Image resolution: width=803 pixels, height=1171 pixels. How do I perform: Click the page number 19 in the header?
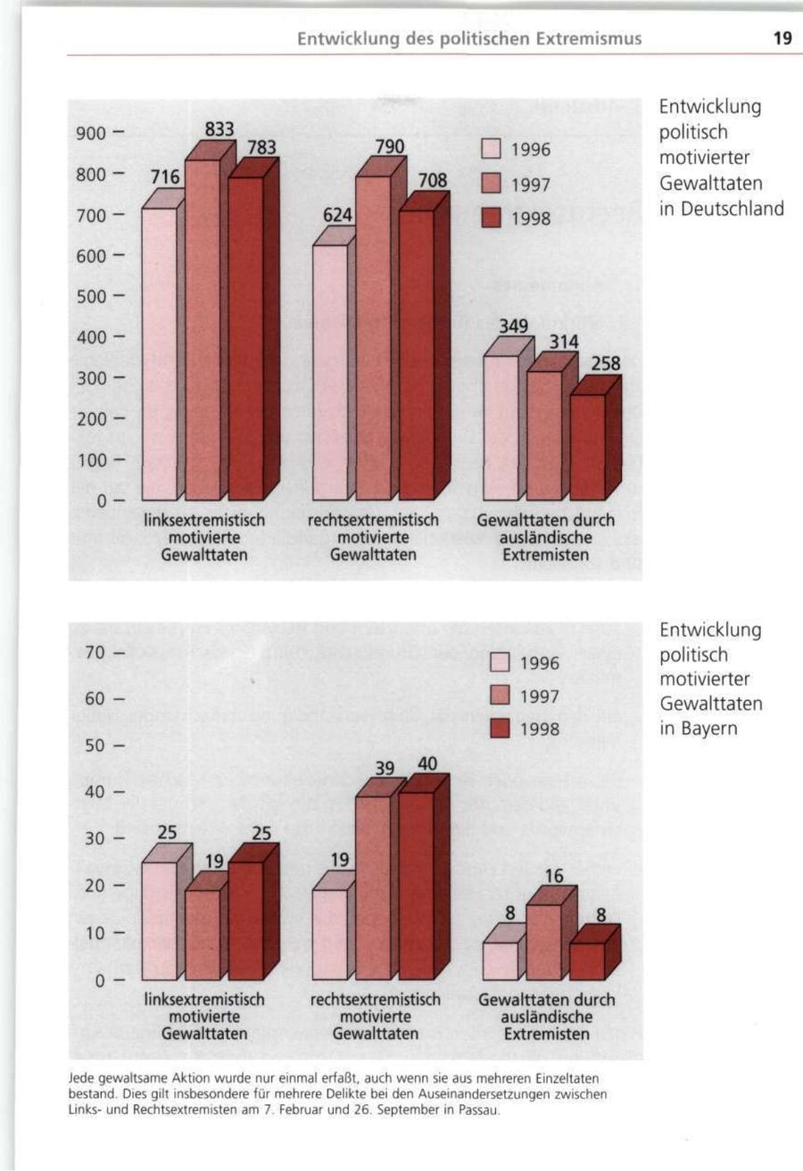click(x=782, y=38)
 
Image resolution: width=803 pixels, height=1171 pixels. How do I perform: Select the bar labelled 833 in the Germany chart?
click(x=203, y=330)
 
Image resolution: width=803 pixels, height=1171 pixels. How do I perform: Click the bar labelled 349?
click(x=501, y=428)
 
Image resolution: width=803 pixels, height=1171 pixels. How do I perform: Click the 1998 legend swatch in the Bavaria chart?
click(x=499, y=730)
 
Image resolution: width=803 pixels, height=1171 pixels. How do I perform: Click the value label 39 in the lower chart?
click(x=384, y=768)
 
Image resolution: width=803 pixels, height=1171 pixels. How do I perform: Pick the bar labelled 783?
click(x=245, y=339)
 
